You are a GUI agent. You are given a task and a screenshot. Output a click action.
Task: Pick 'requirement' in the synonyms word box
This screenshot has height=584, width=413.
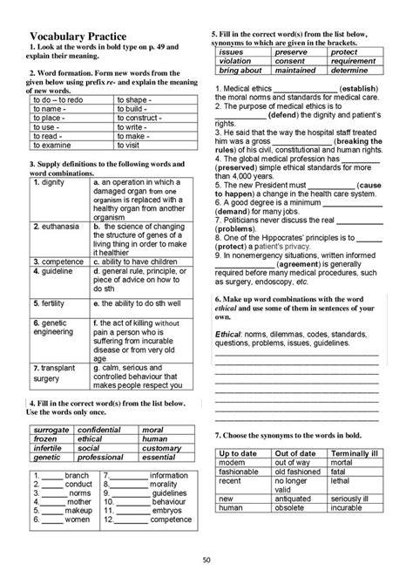click(354, 61)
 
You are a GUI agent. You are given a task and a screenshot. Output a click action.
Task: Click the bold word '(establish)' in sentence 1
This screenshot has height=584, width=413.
click(360, 89)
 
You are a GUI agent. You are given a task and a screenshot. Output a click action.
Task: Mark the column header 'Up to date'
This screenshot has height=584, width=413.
click(241, 453)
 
